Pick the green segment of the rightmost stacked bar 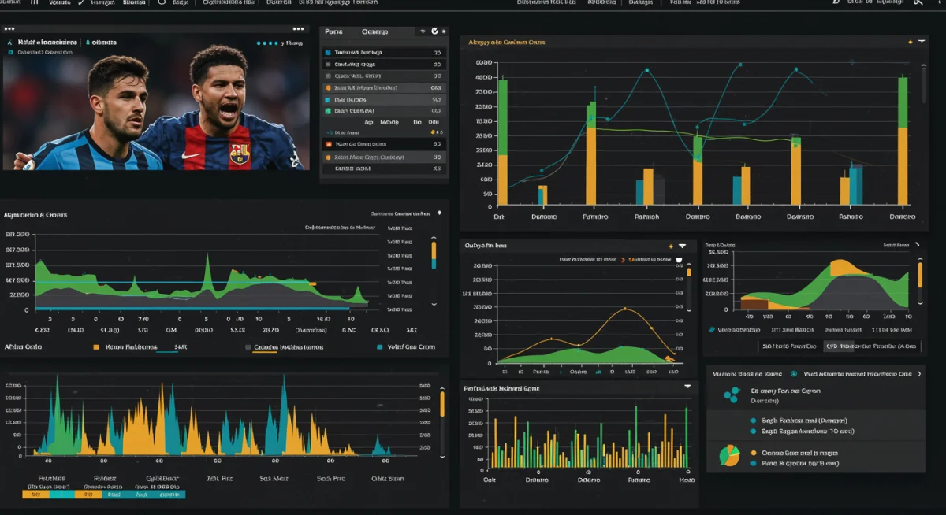[x=903, y=102]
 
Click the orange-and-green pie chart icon [x=730, y=455]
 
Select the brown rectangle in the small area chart [x=754, y=304]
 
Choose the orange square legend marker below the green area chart [x=96, y=346]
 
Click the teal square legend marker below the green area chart [x=379, y=346]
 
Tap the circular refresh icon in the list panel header [x=434, y=31]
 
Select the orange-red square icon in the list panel [x=329, y=145]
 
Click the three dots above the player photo [x=10, y=28]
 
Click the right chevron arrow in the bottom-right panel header [x=919, y=374]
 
